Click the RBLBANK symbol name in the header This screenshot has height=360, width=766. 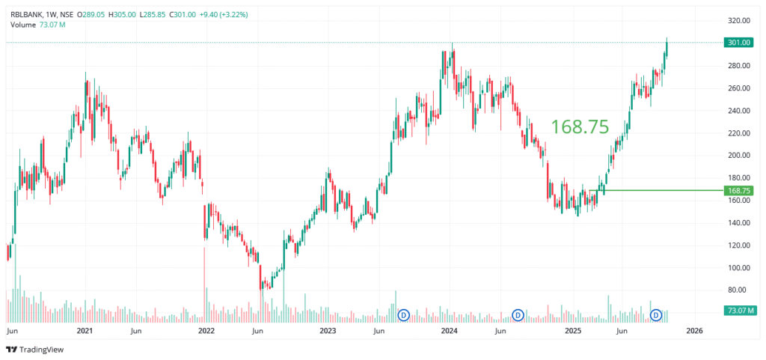[x=26, y=13]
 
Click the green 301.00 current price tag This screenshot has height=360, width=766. [x=738, y=43]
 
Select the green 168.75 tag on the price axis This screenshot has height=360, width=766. [x=738, y=191]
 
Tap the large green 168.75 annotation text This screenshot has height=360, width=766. [x=580, y=127]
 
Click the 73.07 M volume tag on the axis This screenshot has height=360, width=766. [x=738, y=310]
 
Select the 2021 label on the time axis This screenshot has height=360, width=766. [x=85, y=330]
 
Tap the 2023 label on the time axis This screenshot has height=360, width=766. [x=327, y=330]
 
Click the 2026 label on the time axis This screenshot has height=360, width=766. [x=694, y=330]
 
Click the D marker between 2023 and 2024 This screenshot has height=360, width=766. [x=404, y=315]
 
